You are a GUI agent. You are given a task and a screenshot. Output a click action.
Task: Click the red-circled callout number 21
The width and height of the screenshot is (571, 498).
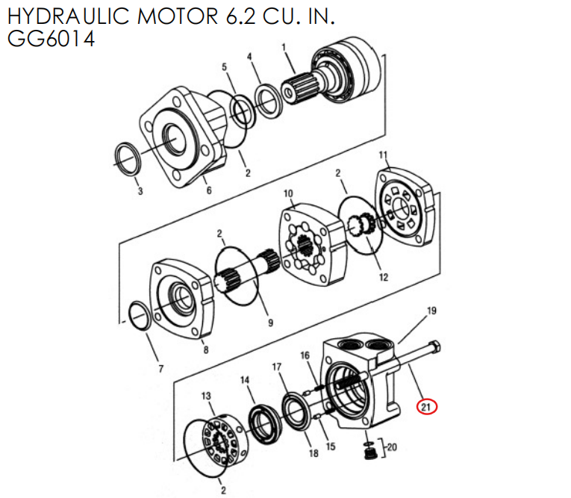click(426, 406)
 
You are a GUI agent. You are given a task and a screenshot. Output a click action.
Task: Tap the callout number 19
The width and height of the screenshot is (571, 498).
click(431, 310)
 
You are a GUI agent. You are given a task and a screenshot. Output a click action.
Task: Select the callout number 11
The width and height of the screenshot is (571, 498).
click(384, 155)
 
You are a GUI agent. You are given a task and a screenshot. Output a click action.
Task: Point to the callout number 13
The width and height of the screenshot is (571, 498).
click(207, 395)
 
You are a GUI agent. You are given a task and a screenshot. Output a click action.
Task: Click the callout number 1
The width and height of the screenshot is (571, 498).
click(284, 48)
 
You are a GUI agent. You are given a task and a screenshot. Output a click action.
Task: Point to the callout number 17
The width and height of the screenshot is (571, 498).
click(276, 367)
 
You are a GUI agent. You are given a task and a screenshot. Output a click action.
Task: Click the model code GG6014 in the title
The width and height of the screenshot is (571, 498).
click(51, 40)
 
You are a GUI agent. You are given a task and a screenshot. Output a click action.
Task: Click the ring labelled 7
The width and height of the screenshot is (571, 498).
click(139, 315)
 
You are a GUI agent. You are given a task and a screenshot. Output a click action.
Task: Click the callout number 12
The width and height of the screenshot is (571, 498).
click(383, 277)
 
